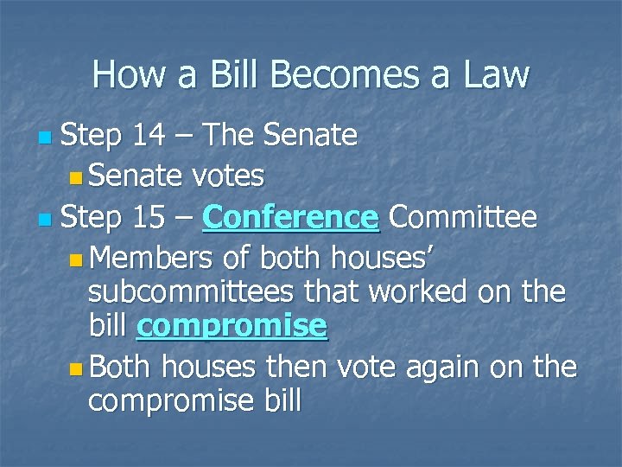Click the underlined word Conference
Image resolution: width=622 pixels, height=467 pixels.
click(291, 218)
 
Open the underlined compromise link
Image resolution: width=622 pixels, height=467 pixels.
click(232, 326)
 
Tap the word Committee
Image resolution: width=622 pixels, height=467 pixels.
click(463, 218)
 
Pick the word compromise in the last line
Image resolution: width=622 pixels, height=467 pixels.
click(183, 401)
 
